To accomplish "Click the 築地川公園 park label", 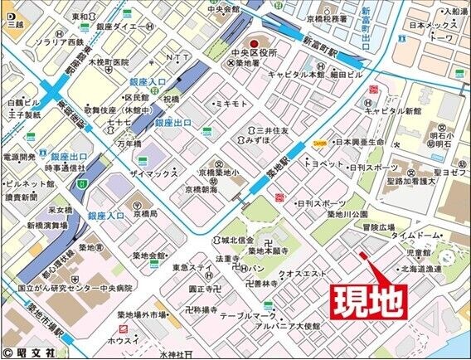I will tap(352, 213).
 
